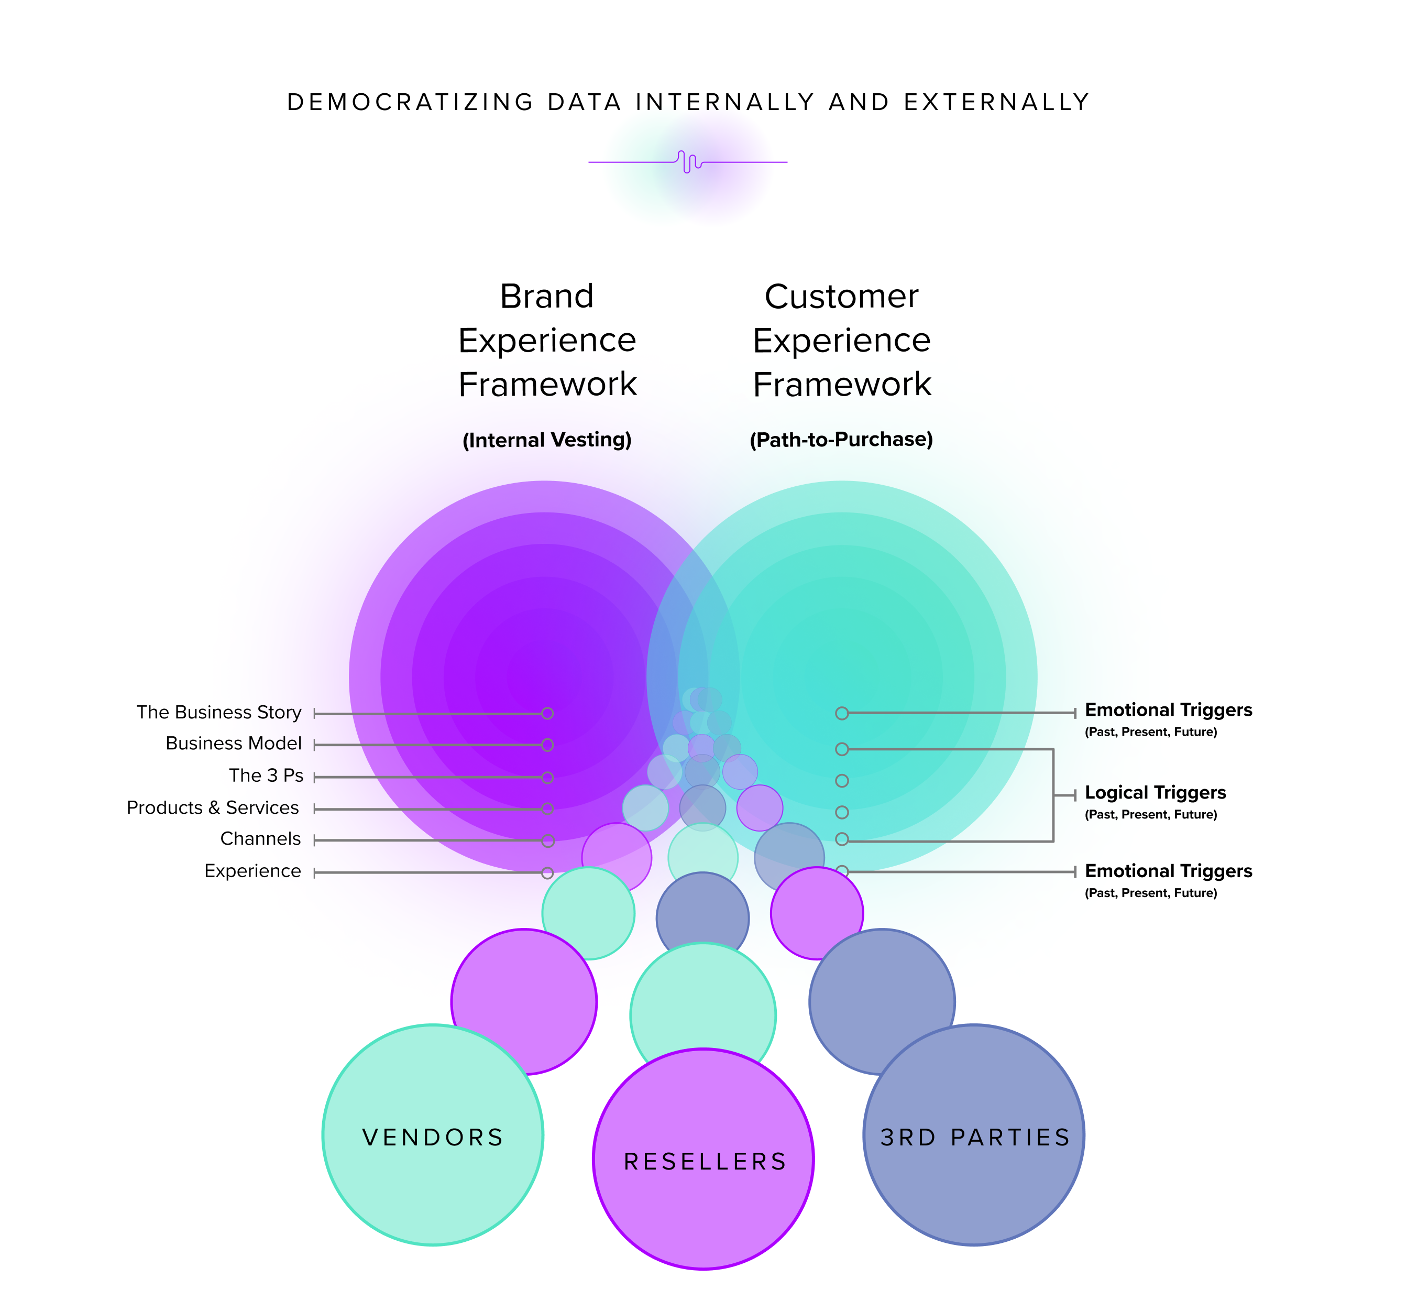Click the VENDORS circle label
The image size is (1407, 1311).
tap(433, 1138)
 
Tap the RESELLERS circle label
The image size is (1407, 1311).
tap(705, 1162)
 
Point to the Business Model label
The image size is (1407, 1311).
tap(233, 744)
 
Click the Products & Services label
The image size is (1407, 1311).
tap(212, 807)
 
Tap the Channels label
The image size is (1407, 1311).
tap(260, 839)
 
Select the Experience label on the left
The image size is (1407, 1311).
tap(252, 871)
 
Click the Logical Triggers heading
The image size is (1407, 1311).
tap(1155, 793)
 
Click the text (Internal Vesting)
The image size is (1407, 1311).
tap(546, 440)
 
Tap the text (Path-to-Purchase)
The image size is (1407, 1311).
tap(841, 440)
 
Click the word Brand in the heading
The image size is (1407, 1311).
tap(546, 296)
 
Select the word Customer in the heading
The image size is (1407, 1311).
tap(841, 296)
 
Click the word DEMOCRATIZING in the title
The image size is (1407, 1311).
tap(411, 102)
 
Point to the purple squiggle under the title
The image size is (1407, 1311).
tap(688, 162)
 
